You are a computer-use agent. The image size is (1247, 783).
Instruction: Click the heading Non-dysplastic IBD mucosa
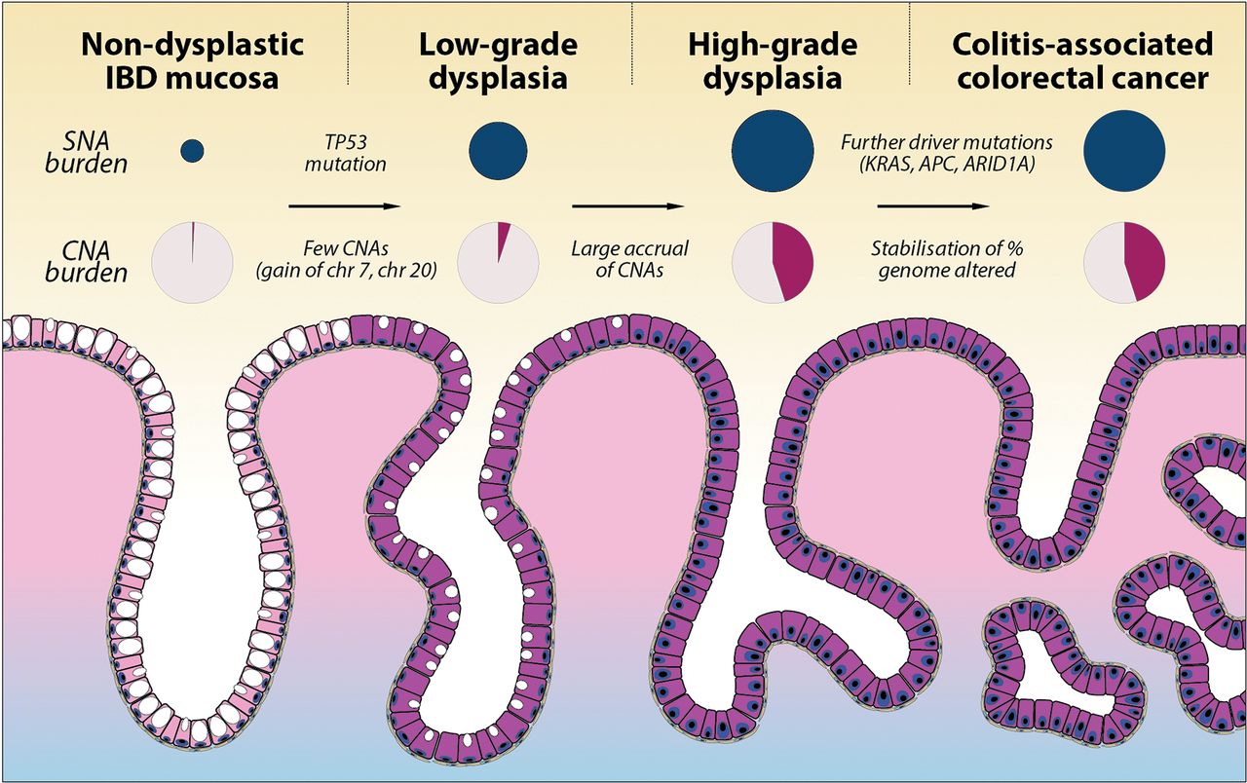tap(193, 60)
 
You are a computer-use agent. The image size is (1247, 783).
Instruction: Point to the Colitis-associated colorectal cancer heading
tap(1082, 60)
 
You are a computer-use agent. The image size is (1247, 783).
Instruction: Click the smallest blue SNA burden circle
tap(193, 150)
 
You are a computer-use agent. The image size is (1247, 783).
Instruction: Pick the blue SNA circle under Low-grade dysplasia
tap(498, 150)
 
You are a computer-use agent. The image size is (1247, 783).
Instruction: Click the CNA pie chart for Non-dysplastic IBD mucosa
tap(193, 261)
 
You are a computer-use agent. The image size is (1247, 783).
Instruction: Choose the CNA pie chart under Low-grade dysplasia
tap(498, 261)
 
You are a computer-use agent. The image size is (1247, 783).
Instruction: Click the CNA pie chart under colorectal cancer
tap(1124, 261)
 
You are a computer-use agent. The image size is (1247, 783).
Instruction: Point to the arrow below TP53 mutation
tap(345, 206)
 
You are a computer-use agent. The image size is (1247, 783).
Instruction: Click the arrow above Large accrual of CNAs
tap(624, 206)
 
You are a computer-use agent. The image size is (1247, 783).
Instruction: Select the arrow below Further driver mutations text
tap(933, 206)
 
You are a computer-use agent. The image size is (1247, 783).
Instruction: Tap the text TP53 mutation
tap(345, 152)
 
